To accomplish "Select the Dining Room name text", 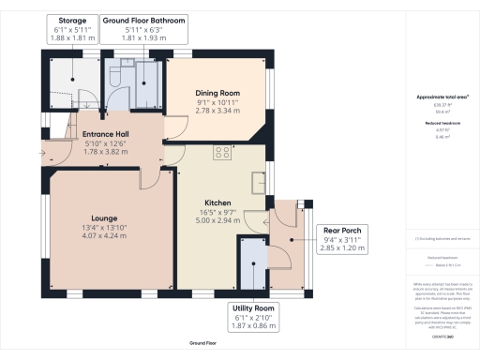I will pyautogui.click(x=217, y=93).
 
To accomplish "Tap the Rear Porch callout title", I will pyautogui.click(x=342, y=230).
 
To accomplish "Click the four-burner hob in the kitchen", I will pyautogui.click(x=224, y=154).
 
